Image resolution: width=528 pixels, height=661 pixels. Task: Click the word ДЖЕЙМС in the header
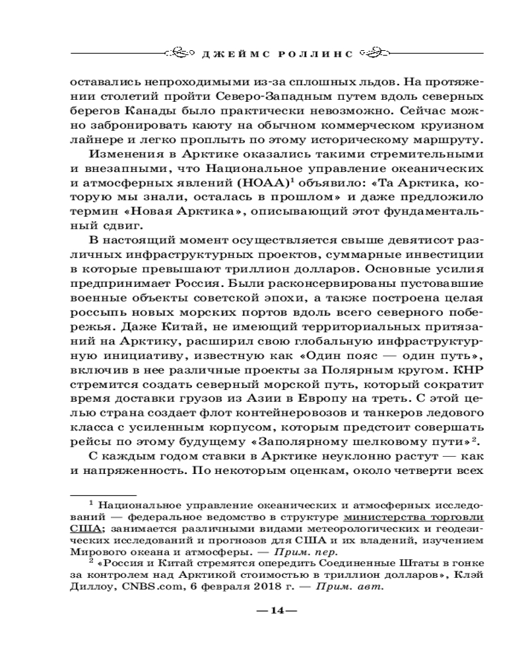tap(234, 52)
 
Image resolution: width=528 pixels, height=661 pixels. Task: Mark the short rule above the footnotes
tap(104, 494)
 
